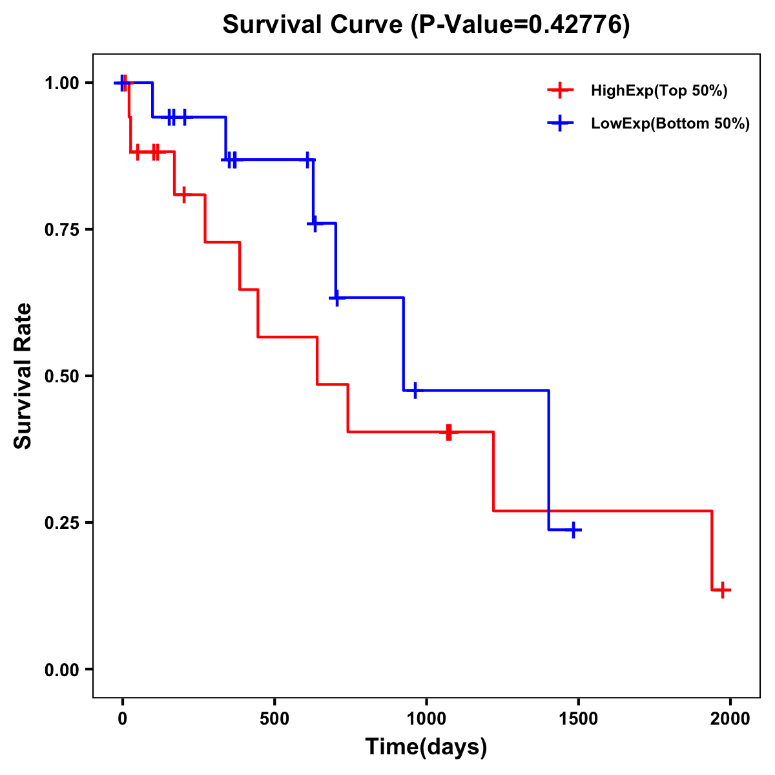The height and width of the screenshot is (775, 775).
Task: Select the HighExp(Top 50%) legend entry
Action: [659, 91]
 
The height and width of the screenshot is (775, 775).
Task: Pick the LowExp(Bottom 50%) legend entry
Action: [670, 124]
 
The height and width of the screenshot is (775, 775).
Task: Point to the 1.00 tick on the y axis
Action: [63, 83]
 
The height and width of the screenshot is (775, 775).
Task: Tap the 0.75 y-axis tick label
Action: [63, 230]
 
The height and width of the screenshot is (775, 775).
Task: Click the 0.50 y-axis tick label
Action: [63, 377]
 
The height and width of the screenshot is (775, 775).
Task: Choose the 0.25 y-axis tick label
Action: [63, 523]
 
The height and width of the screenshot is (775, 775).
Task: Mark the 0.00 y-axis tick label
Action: [63, 670]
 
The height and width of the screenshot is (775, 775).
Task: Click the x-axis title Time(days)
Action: [426, 747]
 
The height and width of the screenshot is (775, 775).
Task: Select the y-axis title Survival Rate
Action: [23, 376]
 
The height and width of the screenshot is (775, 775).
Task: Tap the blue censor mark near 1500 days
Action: [573, 530]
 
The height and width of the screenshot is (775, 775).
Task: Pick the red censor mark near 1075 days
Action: [448, 432]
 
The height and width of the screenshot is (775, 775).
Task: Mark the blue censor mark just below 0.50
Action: [415, 390]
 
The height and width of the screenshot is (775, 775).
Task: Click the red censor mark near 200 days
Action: [184, 194]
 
